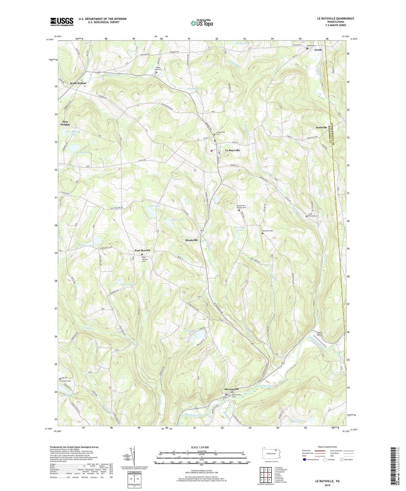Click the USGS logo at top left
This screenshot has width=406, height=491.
62,22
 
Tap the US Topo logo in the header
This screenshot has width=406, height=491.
201,23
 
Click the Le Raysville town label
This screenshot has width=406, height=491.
232,150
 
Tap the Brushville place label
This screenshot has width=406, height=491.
191,240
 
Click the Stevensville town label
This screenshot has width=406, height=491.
232,389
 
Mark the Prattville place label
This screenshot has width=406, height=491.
321,127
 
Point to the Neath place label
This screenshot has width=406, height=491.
318,50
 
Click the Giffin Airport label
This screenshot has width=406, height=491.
319,334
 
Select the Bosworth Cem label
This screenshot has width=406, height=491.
268,231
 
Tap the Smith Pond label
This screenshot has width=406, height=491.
154,206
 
